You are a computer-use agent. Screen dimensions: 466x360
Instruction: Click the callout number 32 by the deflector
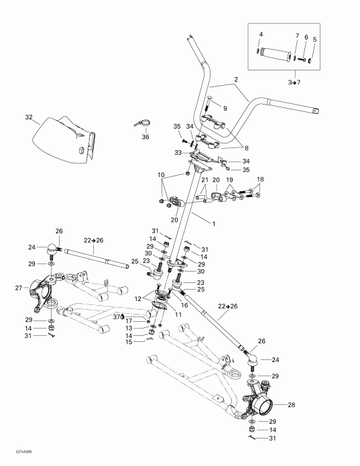28,117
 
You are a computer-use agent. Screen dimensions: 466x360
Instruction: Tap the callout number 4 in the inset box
261,34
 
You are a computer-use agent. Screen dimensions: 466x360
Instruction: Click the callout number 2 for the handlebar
235,78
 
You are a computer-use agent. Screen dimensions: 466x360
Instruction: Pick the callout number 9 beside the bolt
225,108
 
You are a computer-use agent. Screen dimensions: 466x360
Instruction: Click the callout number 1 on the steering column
214,222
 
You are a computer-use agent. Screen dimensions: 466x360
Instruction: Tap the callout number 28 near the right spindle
290,404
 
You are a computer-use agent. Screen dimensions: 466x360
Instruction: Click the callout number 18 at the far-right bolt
261,180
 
